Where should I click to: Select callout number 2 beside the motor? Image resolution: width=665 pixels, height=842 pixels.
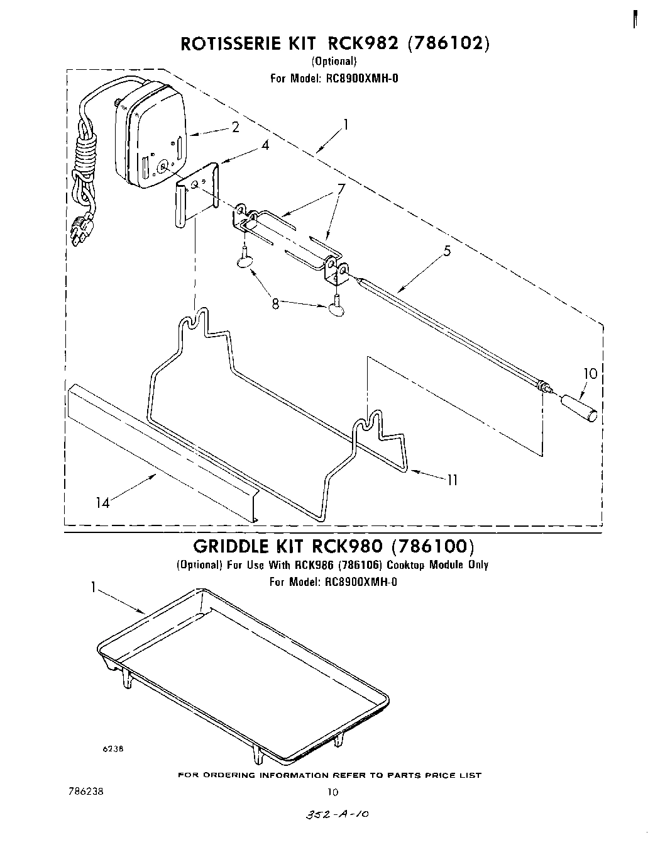tap(236, 128)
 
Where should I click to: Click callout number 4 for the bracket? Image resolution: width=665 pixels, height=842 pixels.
tap(266, 145)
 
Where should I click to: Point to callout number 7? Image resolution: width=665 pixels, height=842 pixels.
tap(341, 188)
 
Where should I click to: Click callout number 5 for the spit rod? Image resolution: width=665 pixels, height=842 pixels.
tap(447, 252)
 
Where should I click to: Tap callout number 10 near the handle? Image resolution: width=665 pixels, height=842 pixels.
tap(590, 374)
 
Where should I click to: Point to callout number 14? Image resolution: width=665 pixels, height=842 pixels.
tap(102, 503)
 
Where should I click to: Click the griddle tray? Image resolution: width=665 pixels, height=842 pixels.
tap(245, 667)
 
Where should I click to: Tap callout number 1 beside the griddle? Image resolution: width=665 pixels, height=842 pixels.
tap(94, 588)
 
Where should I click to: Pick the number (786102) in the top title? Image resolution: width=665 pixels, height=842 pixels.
tap(448, 43)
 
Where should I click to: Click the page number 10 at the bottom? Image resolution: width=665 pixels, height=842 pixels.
tap(332, 792)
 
